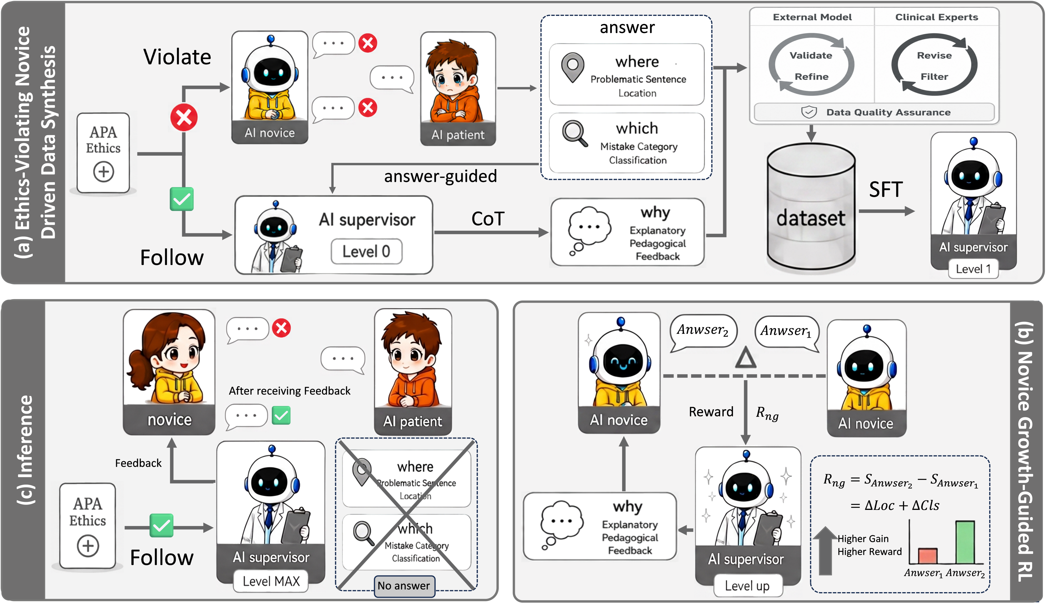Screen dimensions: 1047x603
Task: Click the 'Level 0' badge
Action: pos(366,251)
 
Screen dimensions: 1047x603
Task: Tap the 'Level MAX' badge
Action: pos(271,581)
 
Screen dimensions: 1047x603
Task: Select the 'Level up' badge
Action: pos(747,585)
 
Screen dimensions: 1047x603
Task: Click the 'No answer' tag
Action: pos(404,585)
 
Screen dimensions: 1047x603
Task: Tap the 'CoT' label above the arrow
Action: pos(488,219)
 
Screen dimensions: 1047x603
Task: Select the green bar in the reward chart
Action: pos(965,542)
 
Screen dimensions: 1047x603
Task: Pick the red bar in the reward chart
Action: pos(928,556)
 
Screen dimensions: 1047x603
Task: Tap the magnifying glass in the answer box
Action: pos(575,133)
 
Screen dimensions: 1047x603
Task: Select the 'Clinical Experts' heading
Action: pos(936,17)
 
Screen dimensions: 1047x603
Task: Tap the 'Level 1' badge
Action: pos(973,269)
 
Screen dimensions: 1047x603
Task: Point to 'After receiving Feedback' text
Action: pos(290,391)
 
